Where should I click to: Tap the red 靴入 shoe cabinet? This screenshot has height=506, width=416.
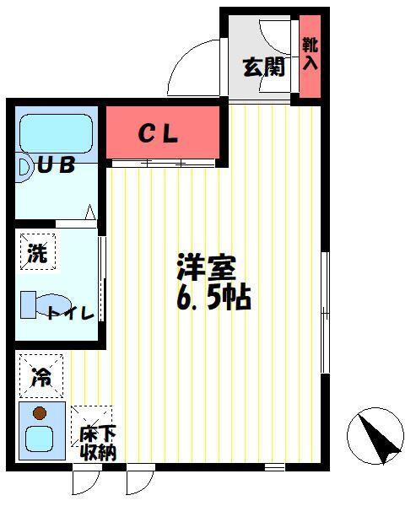310,56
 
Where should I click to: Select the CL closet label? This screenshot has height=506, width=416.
158,133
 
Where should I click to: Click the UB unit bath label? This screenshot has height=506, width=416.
57,165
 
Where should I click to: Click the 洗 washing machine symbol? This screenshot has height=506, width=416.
37,252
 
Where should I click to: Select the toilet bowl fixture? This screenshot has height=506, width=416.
46,304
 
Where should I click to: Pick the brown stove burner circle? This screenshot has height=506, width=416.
38,413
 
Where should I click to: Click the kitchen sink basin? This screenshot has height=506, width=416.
38,439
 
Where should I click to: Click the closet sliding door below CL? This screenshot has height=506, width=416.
160,163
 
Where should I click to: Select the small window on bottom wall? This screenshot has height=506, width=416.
274,466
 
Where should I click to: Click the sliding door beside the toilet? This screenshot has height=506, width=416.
102,278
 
